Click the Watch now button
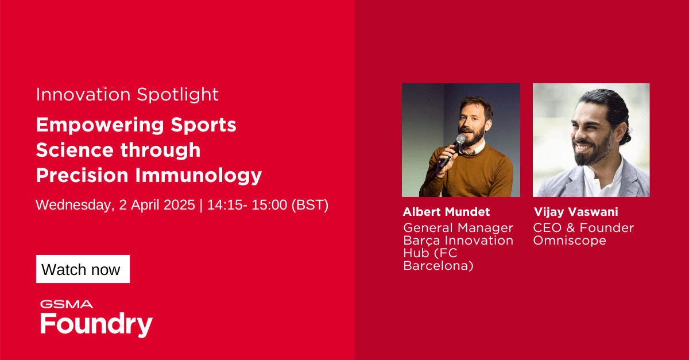tap(83, 269)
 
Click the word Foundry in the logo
tap(96, 324)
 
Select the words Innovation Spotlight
tap(127, 95)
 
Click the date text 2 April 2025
tap(157, 205)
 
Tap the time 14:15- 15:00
tap(247, 205)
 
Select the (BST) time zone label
tap(310, 205)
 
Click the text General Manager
tap(458, 228)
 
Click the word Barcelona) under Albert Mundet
tap(438, 266)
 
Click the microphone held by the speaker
tap(453, 148)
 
